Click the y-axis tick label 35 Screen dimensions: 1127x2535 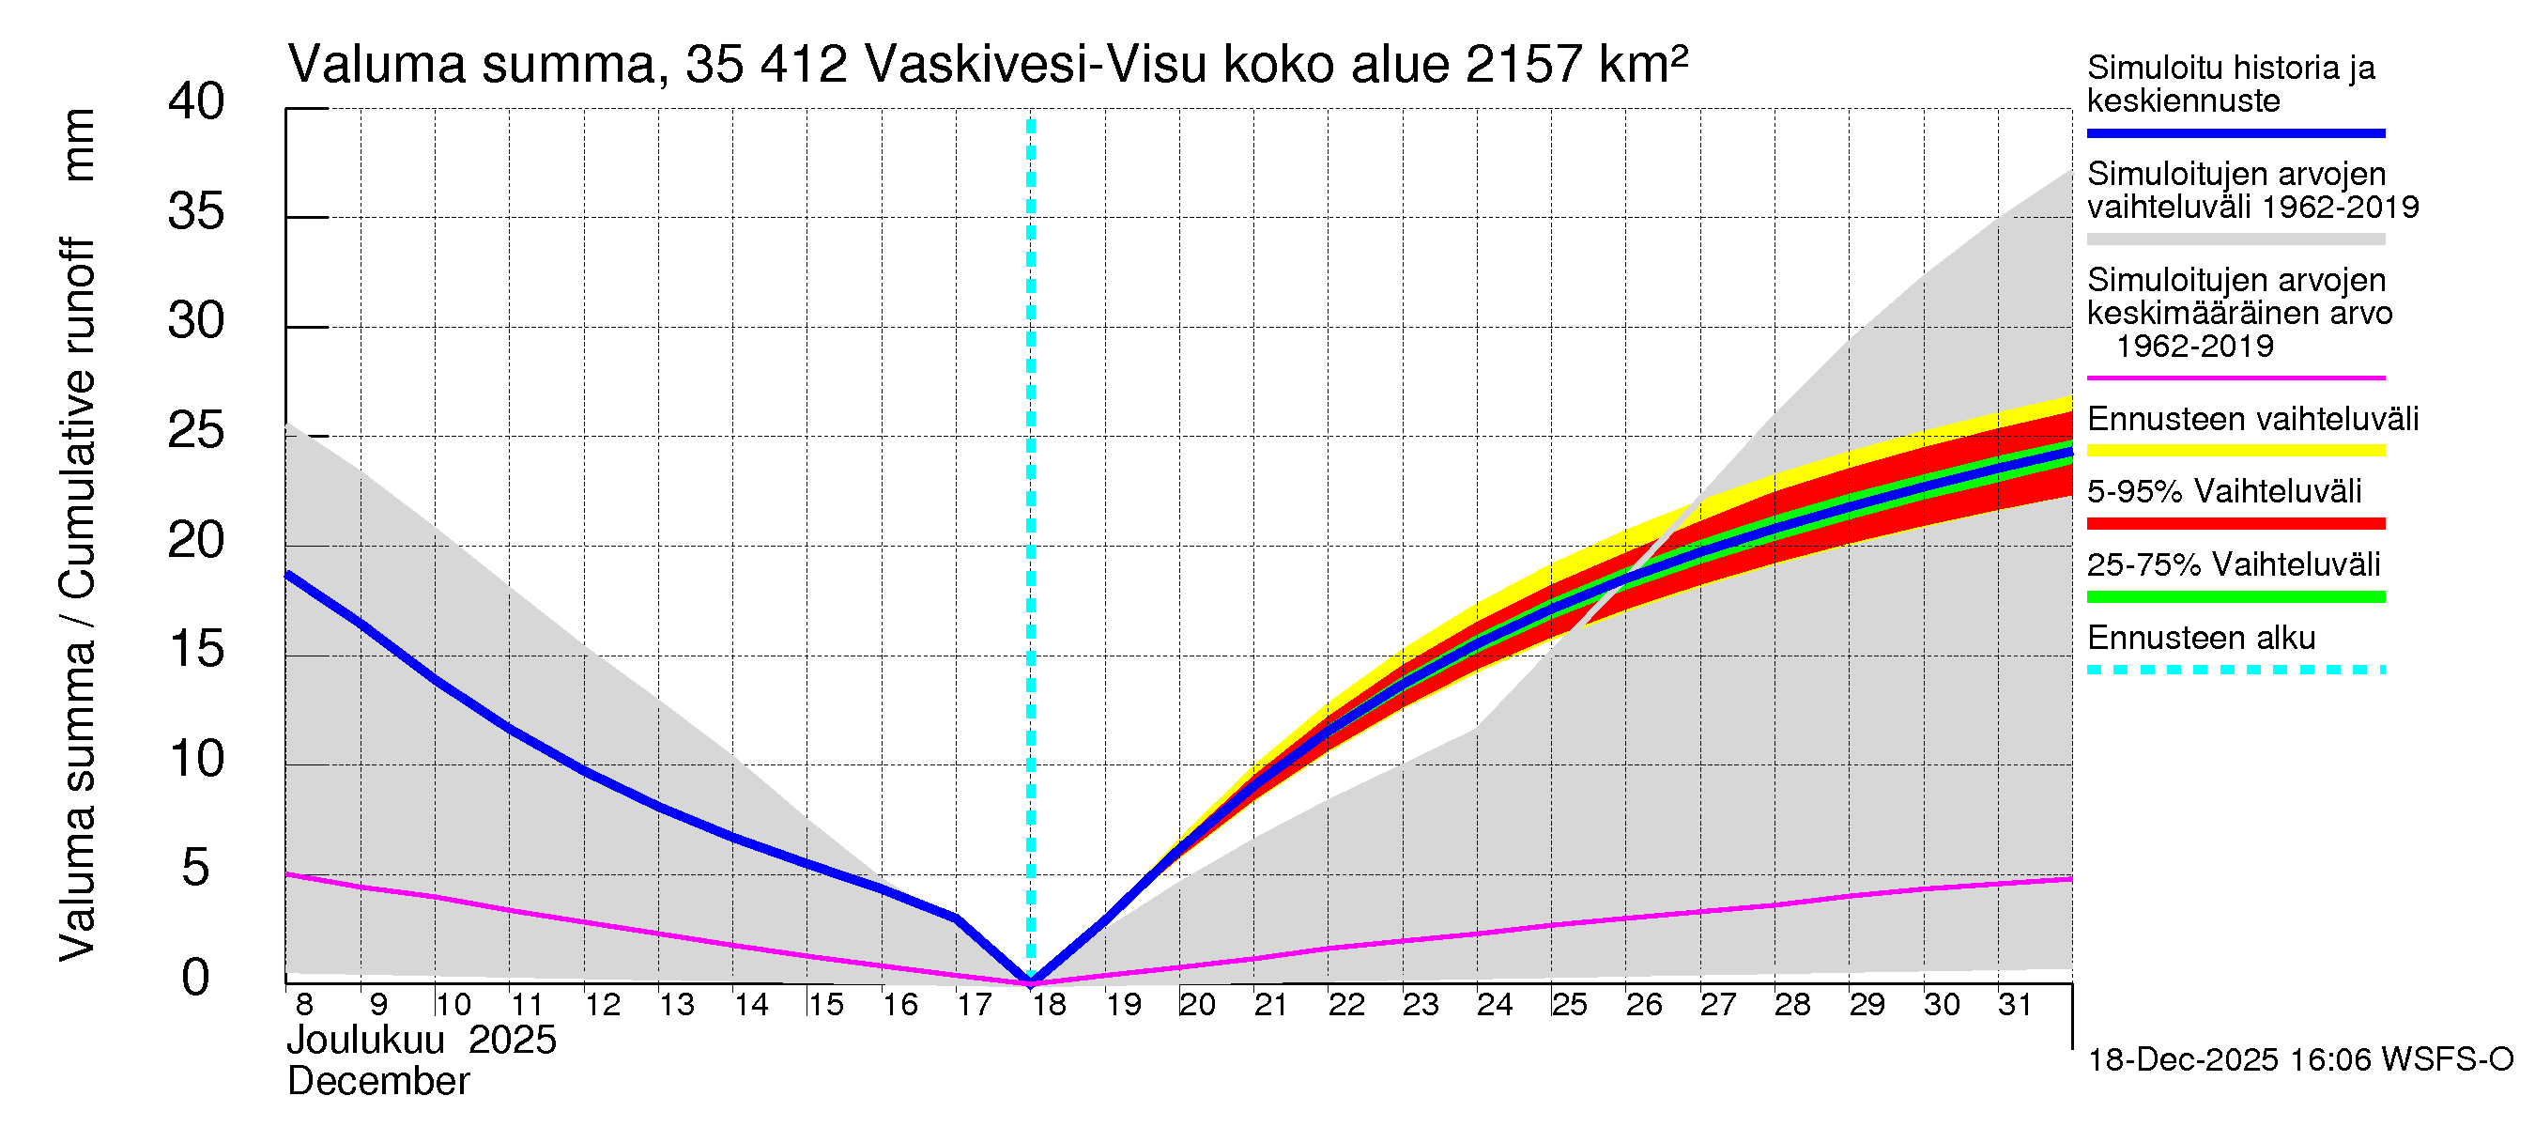pos(196,212)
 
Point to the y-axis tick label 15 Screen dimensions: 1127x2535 pos(196,651)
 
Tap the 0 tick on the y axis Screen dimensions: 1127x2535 pos(196,979)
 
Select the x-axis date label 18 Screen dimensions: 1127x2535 pos(1049,1005)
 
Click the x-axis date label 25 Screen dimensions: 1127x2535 pos(1570,1005)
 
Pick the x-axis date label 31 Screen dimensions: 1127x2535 pos(2016,1005)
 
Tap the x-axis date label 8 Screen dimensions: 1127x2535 pos(304,1005)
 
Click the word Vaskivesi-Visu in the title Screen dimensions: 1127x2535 pos(1036,66)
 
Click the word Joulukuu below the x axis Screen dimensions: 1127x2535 pos(365,1041)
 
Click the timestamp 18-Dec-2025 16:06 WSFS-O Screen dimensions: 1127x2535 pos(2299,1060)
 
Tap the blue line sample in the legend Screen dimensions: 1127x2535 pos(2235,132)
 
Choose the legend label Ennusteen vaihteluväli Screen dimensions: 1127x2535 pos(2252,419)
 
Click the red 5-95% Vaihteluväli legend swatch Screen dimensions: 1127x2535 pos(2235,524)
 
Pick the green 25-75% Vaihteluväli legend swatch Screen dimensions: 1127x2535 pos(2235,596)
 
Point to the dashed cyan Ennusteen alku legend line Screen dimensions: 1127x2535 pos(2235,671)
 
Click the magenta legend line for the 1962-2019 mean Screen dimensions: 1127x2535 pos(2235,378)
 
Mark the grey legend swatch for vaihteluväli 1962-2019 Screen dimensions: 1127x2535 pos(2235,239)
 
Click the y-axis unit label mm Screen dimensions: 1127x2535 pos(79,145)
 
